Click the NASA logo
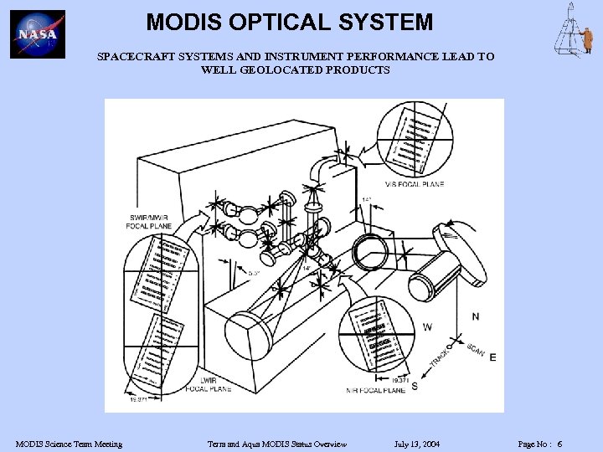point(38,34)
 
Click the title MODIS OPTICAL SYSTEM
point(289,22)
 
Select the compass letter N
point(476,316)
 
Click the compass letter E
point(492,357)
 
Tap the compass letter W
point(428,326)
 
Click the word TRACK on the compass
point(441,357)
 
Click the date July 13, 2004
point(416,444)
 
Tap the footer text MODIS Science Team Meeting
point(69,444)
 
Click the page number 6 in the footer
point(559,444)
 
